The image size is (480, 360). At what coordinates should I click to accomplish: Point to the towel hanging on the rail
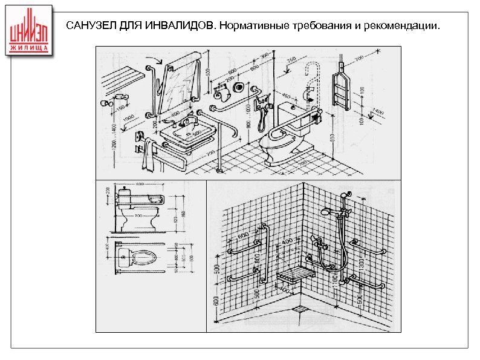coord(146,154)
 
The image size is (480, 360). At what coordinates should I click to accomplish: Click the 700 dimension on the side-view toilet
coord(138,215)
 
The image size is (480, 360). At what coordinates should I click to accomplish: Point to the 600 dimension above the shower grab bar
coord(242,236)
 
